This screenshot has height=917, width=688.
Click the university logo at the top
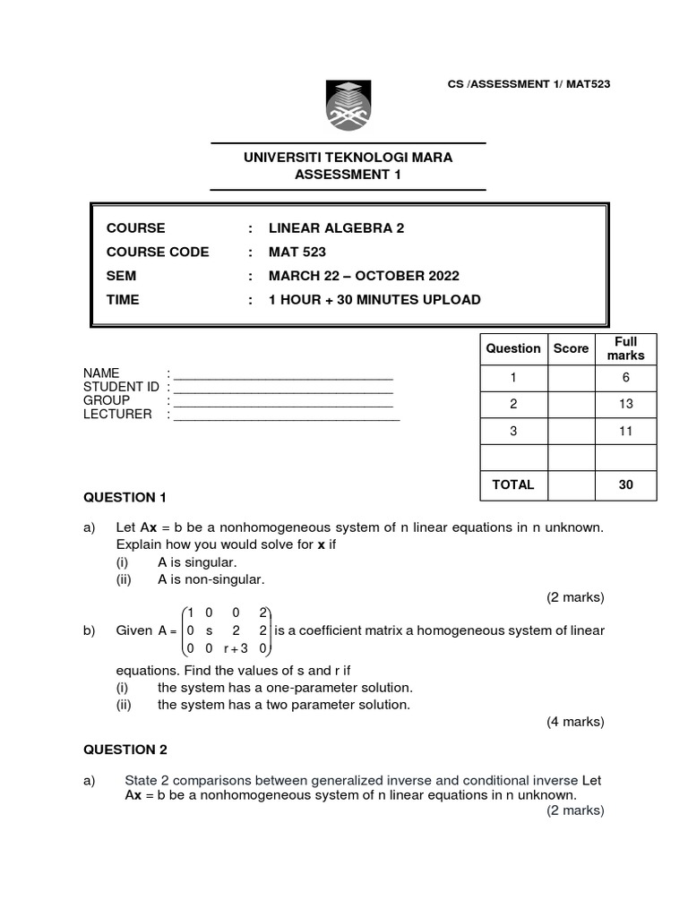348,105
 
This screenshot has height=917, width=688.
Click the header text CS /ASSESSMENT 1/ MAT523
529,84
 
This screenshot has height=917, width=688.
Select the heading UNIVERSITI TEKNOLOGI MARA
348,158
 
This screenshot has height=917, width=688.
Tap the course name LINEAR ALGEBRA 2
336,228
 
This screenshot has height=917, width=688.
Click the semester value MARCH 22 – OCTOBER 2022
364,276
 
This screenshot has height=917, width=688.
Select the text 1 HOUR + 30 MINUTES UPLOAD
374,299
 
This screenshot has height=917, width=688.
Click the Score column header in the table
571,348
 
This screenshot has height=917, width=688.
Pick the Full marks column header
625,348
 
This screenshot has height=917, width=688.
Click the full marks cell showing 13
625,404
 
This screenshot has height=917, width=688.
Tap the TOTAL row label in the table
512,484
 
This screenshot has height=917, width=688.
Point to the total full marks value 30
625,484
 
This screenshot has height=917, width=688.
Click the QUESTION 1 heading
125,497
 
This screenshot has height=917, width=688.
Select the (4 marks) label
575,722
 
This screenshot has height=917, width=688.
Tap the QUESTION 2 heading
125,750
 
